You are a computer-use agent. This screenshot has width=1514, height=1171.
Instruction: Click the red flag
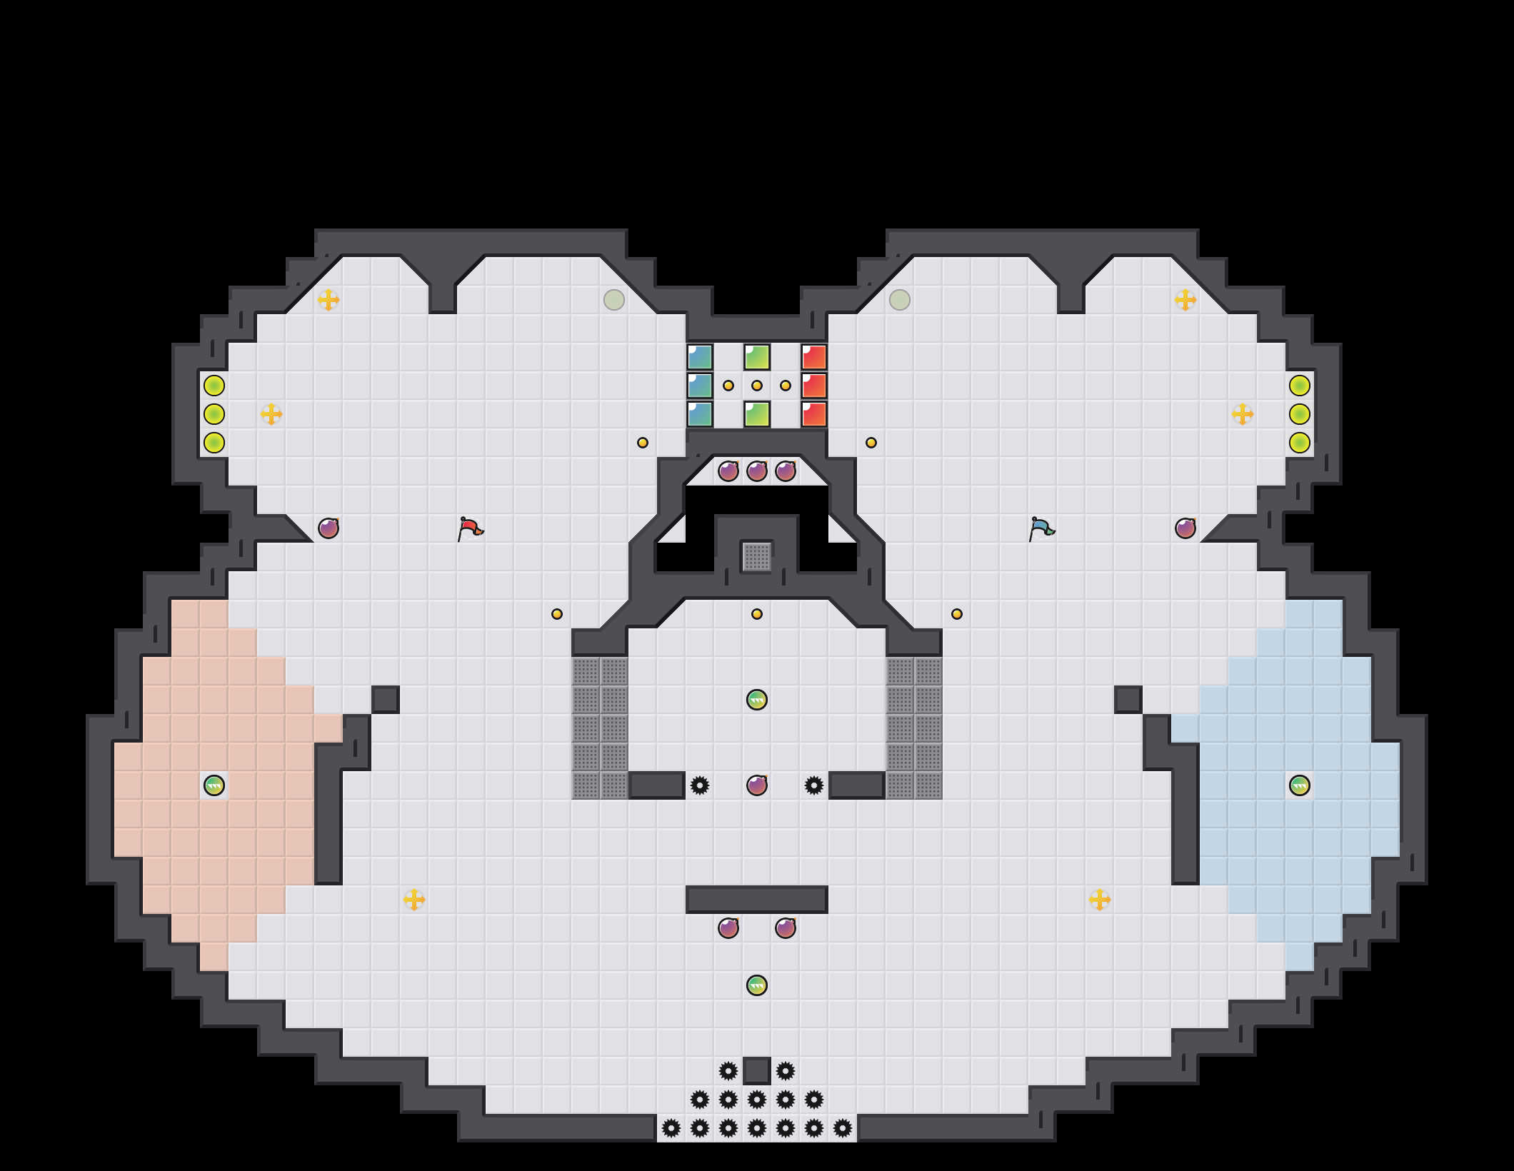click(470, 528)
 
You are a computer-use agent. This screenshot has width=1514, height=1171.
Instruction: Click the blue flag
click(1041, 528)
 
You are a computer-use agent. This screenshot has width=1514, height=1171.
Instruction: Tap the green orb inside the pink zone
click(214, 785)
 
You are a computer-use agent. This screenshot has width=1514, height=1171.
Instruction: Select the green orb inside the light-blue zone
click(1300, 785)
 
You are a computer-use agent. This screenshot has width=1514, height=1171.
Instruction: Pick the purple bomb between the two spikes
click(757, 785)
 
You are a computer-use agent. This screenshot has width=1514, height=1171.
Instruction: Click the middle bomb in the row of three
click(757, 471)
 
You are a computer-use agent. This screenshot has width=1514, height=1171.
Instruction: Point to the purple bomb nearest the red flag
click(329, 528)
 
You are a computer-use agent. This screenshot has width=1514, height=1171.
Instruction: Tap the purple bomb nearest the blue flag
click(1185, 528)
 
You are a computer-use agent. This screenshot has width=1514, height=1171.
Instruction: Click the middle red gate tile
click(814, 386)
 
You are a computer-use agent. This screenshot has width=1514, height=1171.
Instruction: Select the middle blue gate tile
click(700, 386)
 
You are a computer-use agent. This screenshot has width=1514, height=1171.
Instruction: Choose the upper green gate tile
click(757, 357)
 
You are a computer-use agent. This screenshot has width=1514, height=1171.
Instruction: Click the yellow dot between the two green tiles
click(757, 386)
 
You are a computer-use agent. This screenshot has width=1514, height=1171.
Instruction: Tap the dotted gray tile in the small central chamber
click(757, 557)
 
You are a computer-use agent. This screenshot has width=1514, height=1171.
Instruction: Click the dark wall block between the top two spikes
click(757, 1071)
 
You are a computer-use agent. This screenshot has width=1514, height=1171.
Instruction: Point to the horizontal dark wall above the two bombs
click(757, 900)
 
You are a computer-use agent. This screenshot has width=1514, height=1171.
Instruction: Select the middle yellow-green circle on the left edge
click(214, 414)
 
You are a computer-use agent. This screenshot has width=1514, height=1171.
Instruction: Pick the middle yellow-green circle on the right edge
click(1300, 414)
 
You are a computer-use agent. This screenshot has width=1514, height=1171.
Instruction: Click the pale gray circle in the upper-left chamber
click(614, 300)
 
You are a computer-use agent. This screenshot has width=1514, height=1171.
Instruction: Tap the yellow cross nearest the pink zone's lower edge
click(414, 900)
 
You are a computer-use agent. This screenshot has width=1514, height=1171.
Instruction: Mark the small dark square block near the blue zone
click(1128, 700)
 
